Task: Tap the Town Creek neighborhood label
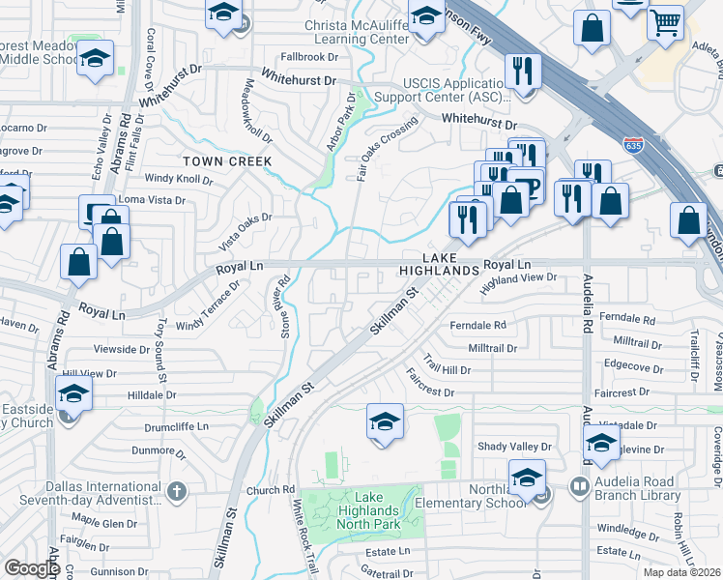tap(228, 160)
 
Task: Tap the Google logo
tap(31, 567)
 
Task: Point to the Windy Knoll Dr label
tap(178, 179)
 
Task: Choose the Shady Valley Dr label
tap(513, 447)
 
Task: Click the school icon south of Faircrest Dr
tap(385, 421)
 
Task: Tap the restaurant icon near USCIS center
tap(523, 72)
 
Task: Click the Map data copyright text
tap(680, 572)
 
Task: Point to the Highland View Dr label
tap(519, 278)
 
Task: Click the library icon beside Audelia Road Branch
tap(580, 487)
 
